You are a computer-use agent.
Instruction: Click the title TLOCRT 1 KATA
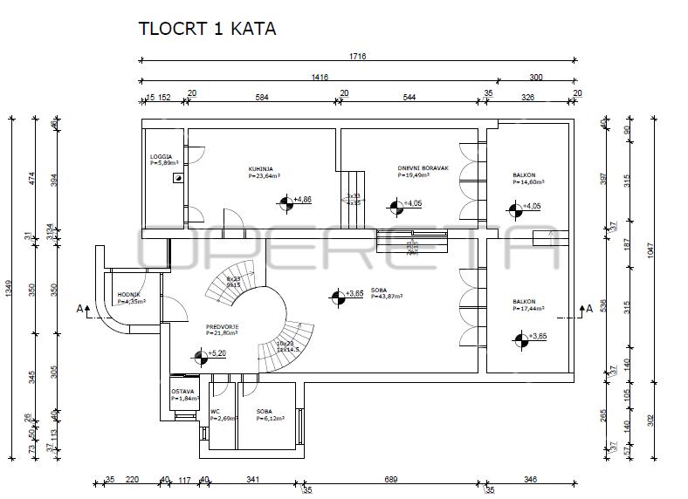(207, 29)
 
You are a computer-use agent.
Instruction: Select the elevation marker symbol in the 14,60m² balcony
(512, 208)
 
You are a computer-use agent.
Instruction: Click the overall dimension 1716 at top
(357, 57)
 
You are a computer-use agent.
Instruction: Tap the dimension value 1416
(320, 78)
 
